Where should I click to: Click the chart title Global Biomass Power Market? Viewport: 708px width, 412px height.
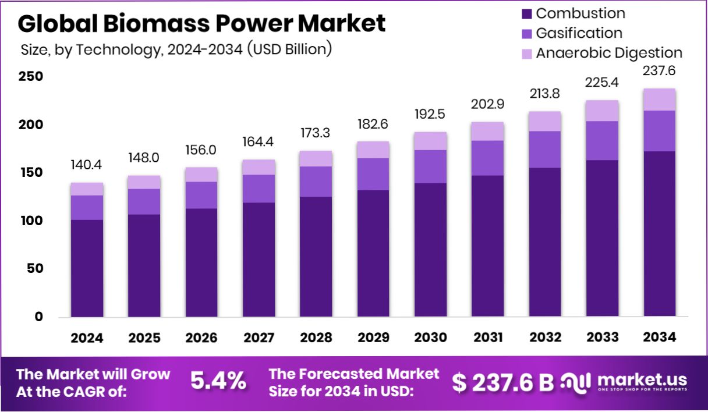(x=201, y=23)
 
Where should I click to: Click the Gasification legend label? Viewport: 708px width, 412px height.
(x=579, y=33)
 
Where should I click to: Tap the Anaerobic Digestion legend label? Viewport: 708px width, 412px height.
(x=608, y=53)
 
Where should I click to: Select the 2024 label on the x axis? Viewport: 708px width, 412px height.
(x=87, y=338)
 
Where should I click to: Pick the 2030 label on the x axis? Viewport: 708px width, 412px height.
(x=430, y=338)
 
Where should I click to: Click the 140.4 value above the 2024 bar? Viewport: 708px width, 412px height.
(x=87, y=165)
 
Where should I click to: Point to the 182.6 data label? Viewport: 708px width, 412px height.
(x=373, y=124)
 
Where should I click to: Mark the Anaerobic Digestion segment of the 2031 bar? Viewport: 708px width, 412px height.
(x=487, y=132)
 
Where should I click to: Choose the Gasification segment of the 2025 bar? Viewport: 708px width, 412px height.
(x=144, y=201)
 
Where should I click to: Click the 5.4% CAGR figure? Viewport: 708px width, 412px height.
(x=218, y=381)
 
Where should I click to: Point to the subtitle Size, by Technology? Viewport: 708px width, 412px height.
(x=175, y=49)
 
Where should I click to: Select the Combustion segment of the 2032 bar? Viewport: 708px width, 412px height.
(x=545, y=242)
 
